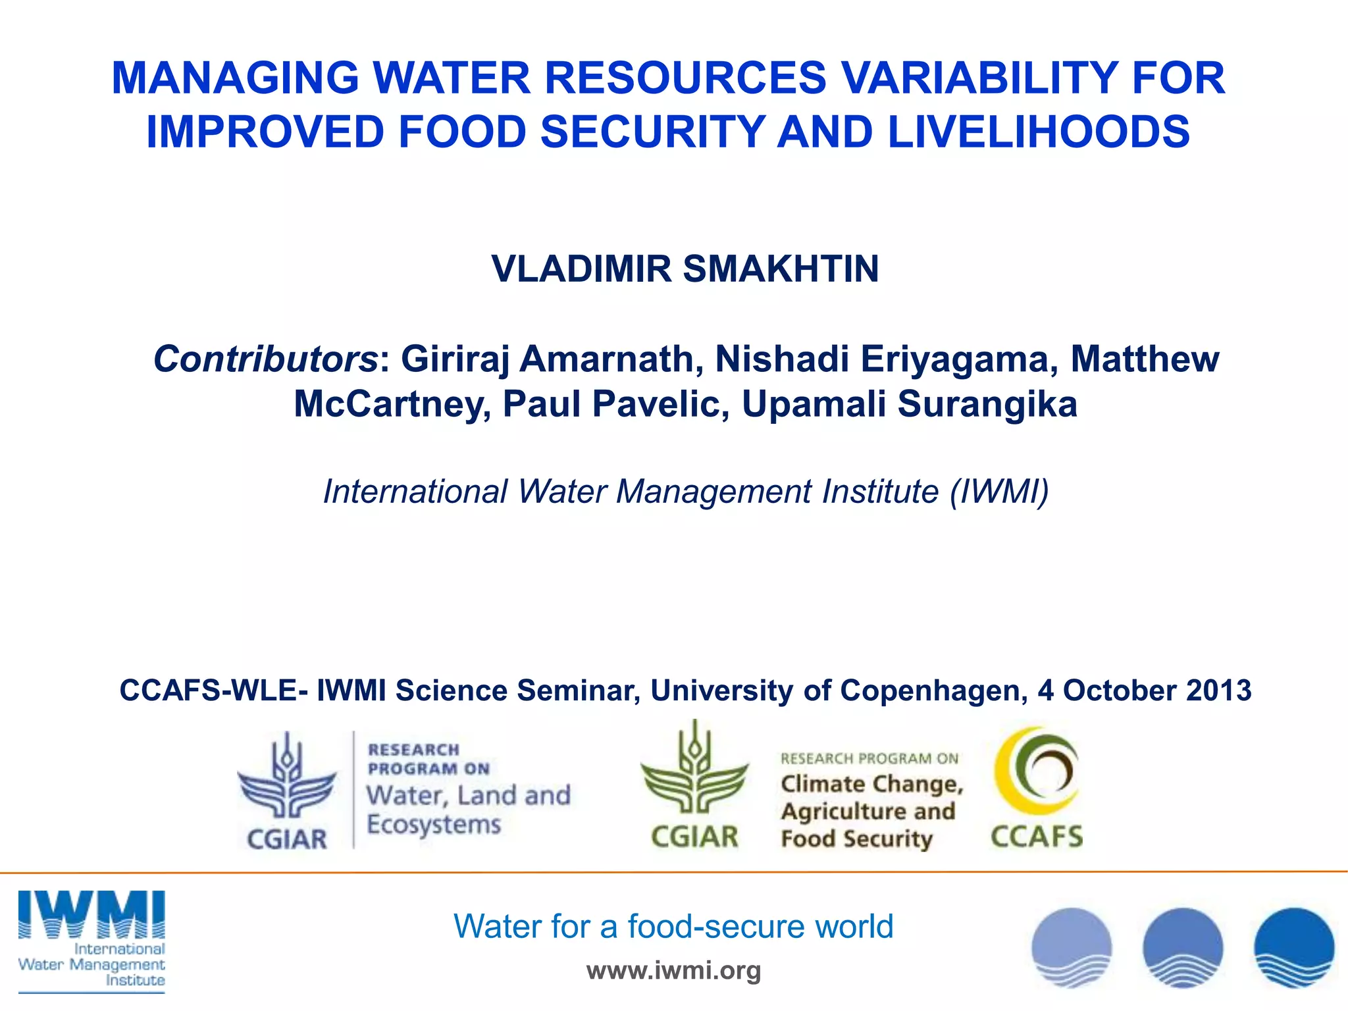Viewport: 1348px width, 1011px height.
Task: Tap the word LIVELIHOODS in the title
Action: (1039, 132)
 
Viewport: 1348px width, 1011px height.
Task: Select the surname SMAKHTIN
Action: (781, 269)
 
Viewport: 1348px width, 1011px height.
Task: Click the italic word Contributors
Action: (265, 359)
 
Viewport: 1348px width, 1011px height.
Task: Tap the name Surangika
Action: (987, 403)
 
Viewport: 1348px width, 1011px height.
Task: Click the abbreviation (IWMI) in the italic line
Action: (998, 492)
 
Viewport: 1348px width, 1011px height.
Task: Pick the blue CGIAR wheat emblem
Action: (287, 777)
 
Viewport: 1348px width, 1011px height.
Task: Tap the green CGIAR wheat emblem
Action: (694, 770)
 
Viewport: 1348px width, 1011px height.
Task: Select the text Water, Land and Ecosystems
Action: (468, 810)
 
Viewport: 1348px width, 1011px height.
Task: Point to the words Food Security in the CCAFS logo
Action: (857, 839)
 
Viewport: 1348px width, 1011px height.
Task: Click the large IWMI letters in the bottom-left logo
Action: (91, 914)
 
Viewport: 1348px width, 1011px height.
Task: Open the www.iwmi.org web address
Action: (673, 970)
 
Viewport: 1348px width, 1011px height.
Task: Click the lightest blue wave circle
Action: (1072, 948)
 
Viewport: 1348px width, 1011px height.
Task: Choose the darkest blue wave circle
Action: (1293, 948)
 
